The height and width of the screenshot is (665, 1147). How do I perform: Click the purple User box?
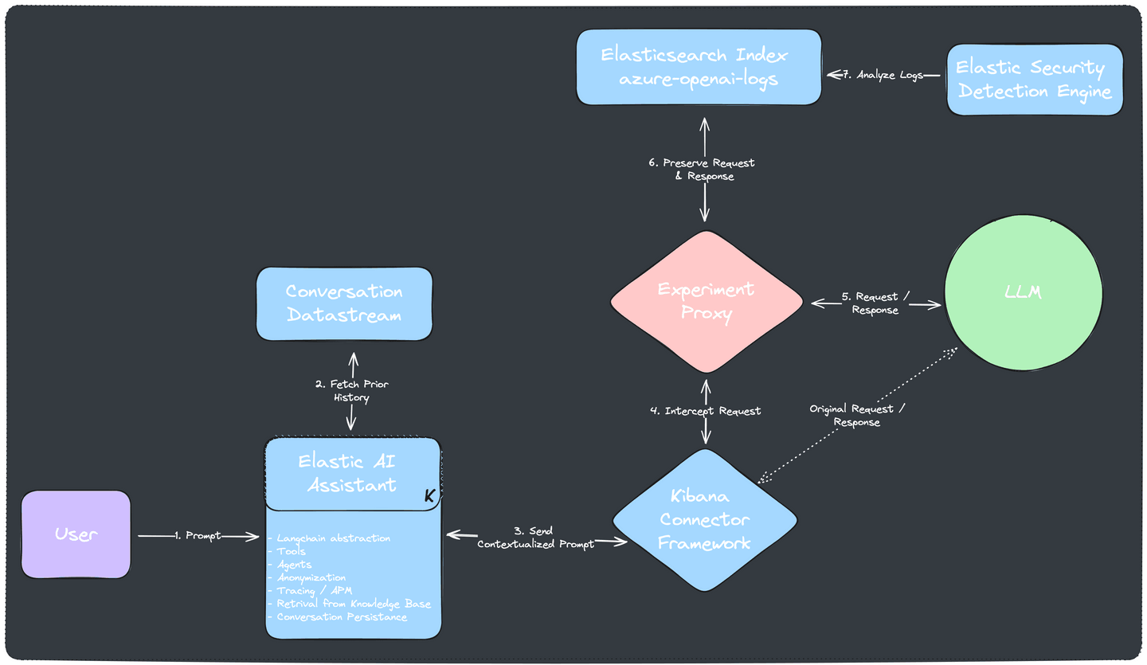click(x=76, y=534)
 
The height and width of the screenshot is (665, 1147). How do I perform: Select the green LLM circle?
click(x=1023, y=292)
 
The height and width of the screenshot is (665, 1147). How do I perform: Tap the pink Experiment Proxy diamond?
click(x=706, y=301)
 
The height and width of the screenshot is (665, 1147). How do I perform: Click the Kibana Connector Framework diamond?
click(x=704, y=520)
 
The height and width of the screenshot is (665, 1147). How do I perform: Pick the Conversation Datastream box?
click(x=344, y=303)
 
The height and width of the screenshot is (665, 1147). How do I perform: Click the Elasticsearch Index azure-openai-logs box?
click(x=699, y=67)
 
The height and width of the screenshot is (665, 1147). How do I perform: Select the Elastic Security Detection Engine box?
click(x=1035, y=80)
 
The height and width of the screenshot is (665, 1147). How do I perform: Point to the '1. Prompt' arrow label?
click(x=198, y=536)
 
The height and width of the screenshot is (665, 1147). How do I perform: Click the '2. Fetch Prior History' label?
click(x=351, y=391)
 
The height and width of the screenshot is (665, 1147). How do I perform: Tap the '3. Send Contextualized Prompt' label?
click(x=535, y=538)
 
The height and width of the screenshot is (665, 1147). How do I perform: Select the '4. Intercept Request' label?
click(x=705, y=411)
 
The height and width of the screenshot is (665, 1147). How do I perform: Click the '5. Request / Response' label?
click(x=875, y=303)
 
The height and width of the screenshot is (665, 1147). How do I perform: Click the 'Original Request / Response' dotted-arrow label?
click(x=857, y=415)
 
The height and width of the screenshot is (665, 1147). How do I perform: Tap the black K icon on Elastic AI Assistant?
click(x=429, y=495)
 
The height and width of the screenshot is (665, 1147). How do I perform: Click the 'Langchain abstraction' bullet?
click(x=333, y=538)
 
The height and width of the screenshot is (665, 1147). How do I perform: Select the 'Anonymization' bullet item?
click(x=311, y=577)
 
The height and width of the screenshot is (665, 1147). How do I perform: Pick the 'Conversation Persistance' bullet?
click(x=342, y=617)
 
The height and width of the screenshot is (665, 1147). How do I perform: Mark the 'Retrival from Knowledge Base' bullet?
click(x=353, y=604)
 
